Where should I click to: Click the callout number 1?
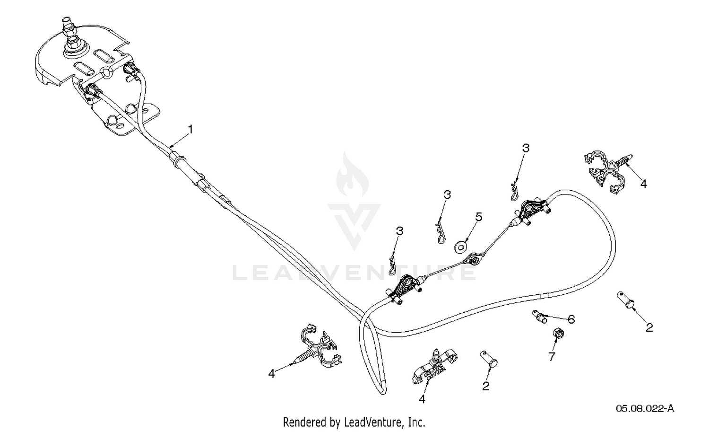coord(190,130)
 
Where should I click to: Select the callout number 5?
coord(478,217)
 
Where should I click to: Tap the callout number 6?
coord(571,319)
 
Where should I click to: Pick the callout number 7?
coord(552,357)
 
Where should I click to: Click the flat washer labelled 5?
coord(461,247)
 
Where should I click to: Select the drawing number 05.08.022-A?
coord(645,409)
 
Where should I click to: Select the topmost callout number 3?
coord(526,148)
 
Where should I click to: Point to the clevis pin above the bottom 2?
coord(489,359)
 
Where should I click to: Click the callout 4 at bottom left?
coord(271,374)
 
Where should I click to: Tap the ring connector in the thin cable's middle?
coord(473,260)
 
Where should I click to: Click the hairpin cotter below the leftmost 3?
coord(392,264)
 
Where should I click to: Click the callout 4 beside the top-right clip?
coord(643,184)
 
